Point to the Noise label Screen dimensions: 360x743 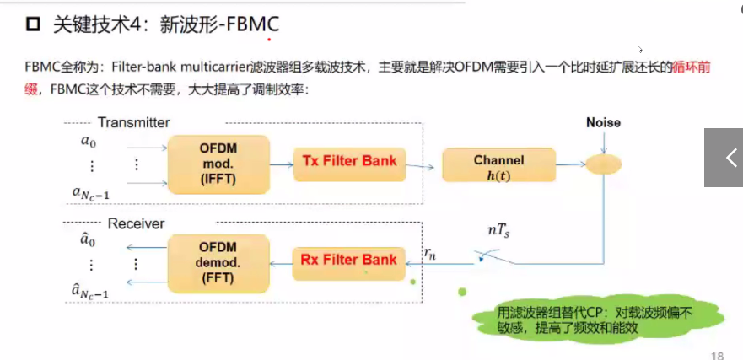(603, 123)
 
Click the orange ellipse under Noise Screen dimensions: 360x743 (604, 162)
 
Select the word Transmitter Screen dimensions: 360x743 (133, 123)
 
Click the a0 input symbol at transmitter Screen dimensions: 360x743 (89, 142)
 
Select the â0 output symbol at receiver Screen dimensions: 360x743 (88, 240)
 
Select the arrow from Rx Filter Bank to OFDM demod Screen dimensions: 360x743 (280, 262)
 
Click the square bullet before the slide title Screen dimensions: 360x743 (33, 26)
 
